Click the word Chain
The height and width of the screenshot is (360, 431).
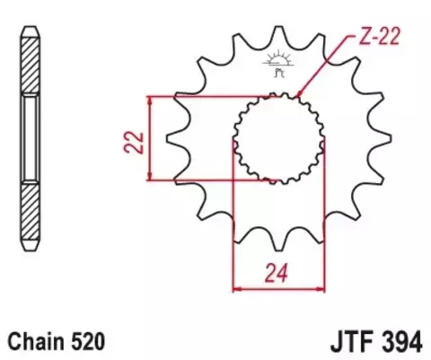(x=35, y=342)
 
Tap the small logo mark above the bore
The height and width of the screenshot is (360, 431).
(x=277, y=63)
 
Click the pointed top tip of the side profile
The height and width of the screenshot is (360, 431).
(x=31, y=22)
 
